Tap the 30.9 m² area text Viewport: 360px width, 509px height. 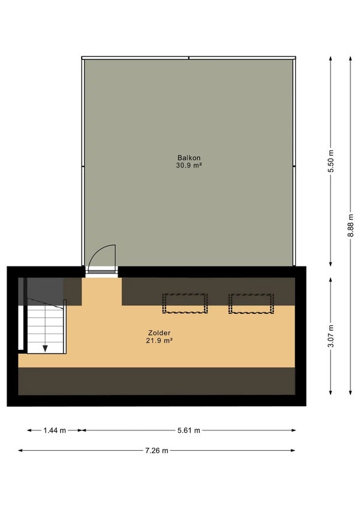tap(188, 165)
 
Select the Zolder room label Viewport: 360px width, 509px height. tap(159, 333)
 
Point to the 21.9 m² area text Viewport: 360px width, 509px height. tap(159, 340)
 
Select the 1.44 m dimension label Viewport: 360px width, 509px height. tap(54, 430)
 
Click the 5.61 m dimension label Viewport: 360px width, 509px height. tap(188, 430)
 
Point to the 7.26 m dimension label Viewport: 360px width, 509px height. tap(157, 450)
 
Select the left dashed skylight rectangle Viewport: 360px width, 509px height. tap(185, 303)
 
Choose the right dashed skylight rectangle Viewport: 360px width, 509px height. tap(251, 303)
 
